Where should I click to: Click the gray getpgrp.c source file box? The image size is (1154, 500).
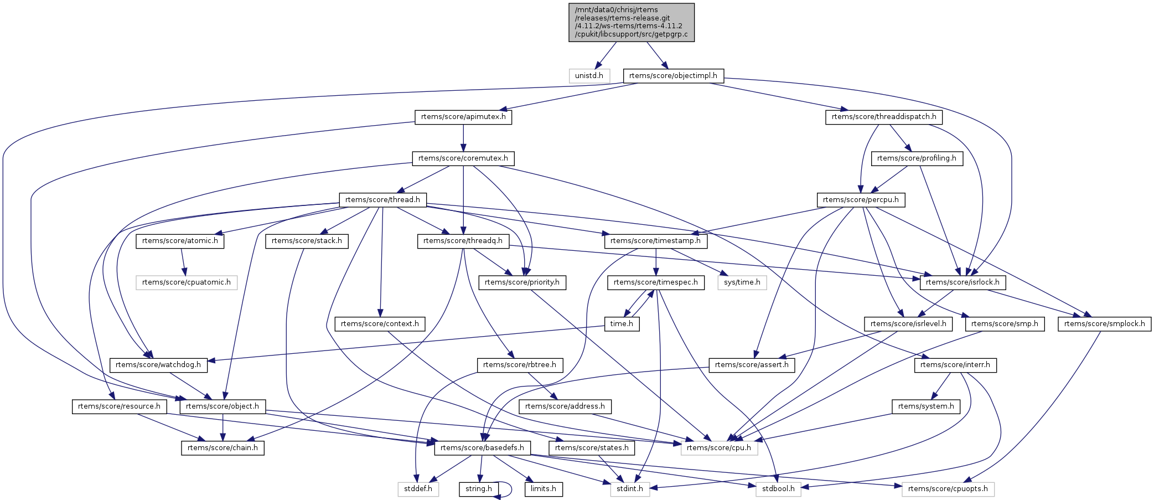(631, 22)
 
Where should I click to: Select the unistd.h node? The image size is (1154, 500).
(589, 76)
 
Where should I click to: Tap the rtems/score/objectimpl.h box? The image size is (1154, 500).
(673, 76)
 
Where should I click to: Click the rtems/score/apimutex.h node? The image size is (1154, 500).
(463, 117)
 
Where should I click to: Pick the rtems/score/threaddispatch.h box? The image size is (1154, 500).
(884, 117)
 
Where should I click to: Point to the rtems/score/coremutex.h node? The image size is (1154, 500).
(463, 158)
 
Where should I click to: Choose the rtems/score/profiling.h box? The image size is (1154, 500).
(917, 158)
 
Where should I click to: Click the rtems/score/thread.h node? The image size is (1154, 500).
(382, 200)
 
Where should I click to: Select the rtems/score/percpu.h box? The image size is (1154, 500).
(861, 200)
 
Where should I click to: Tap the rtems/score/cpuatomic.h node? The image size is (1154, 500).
(187, 282)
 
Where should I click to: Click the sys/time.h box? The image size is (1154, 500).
(742, 282)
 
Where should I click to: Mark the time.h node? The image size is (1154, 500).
(622, 324)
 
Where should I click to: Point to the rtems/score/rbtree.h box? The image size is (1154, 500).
(520, 365)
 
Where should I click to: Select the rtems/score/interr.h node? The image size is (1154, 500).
(955, 365)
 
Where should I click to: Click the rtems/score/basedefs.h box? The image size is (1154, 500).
(482, 447)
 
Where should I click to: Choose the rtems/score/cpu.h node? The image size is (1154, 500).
(718, 447)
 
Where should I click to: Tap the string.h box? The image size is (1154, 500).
(479, 489)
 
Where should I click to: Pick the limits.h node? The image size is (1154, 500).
(544, 489)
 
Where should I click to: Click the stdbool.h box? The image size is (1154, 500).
(778, 489)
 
